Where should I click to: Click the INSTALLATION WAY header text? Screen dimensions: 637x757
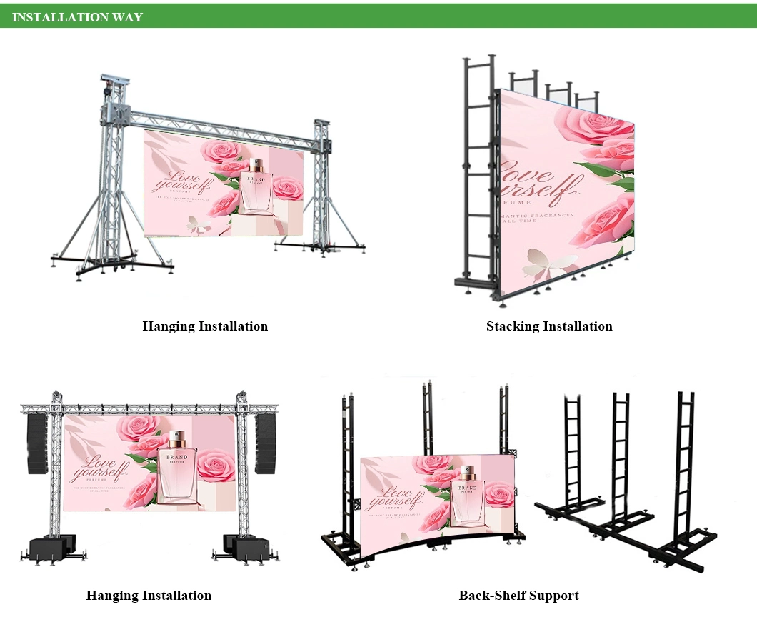click(77, 17)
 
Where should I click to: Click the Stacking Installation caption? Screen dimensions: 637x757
click(549, 326)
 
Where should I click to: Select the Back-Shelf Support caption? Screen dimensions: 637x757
click(518, 596)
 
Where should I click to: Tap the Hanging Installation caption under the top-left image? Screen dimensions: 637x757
click(205, 326)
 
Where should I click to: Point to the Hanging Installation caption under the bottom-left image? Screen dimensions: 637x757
click(149, 596)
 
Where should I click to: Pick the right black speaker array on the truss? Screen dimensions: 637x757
click(266, 443)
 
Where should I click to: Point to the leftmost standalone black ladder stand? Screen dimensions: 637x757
click(571, 450)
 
